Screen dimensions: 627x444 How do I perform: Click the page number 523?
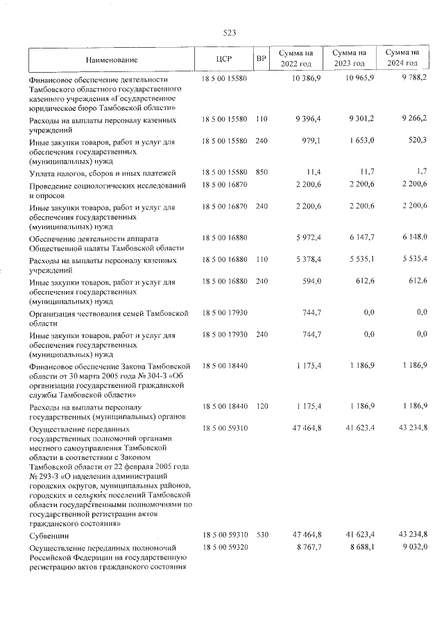[229, 33]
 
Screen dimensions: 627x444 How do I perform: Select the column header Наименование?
[112, 60]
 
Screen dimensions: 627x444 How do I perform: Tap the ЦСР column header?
[223, 60]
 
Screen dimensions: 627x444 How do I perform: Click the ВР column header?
[261, 60]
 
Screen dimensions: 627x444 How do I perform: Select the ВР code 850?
[261, 172]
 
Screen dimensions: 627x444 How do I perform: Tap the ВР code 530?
[261, 536]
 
